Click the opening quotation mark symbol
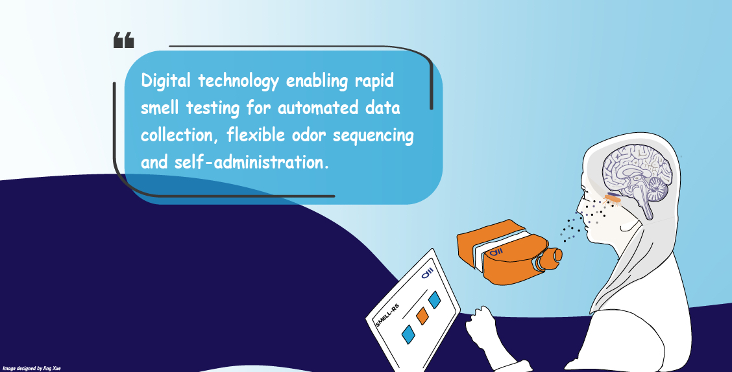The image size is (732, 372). (123, 41)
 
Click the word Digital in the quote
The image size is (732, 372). (165, 82)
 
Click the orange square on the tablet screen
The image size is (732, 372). (422, 316)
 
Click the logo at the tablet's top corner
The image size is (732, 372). (427, 275)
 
